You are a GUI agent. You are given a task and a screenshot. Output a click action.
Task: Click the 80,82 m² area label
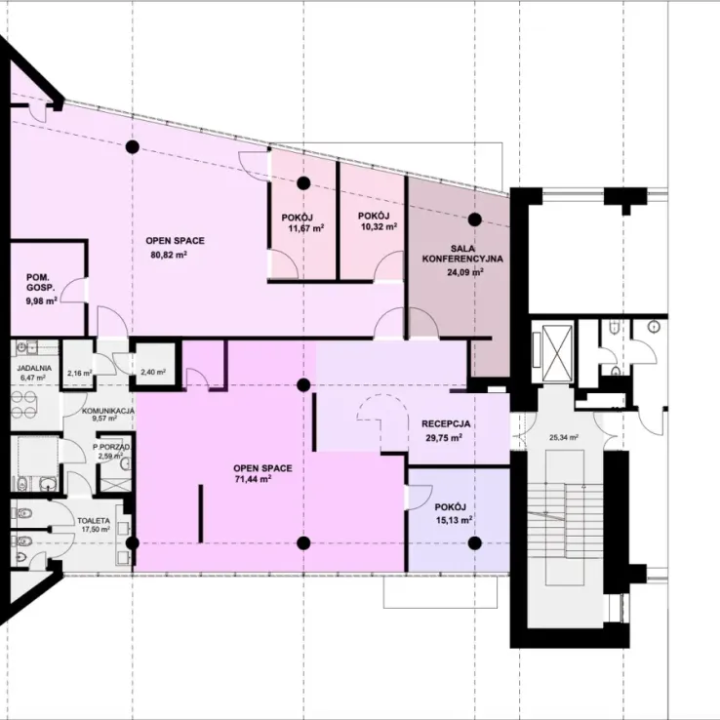pyautogui.click(x=169, y=255)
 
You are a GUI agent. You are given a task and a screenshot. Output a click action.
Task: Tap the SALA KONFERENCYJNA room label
pyautogui.click(x=462, y=254)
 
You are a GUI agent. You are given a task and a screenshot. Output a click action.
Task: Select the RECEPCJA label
pyautogui.click(x=446, y=423)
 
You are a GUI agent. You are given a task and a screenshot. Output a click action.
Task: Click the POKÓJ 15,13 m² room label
pyautogui.click(x=454, y=513)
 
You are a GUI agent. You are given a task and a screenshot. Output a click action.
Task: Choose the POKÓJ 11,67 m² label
pyautogui.click(x=303, y=222)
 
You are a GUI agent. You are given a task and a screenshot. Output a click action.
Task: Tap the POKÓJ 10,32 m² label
pyautogui.click(x=378, y=220)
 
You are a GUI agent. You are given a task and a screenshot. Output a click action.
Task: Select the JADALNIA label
pyautogui.click(x=34, y=368)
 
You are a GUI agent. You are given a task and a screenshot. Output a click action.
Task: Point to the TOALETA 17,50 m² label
pyautogui.click(x=94, y=525)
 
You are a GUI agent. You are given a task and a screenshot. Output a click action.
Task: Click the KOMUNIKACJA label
pyautogui.click(x=108, y=411)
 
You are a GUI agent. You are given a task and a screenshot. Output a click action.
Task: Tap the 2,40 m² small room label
pyautogui.click(x=153, y=372)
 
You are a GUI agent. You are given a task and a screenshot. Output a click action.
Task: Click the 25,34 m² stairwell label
pyautogui.click(x=564, y=438)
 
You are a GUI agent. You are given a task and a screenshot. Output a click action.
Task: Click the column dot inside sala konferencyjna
pyautogui.click(x=475, y=220)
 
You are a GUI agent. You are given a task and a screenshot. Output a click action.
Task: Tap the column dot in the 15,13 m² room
pyautogui.click(x=475, y=543)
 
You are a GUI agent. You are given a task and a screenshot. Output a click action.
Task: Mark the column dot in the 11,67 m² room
pyautogui.click(x=303, y=183)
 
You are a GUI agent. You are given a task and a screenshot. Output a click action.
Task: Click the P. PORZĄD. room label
pyautogui.click(x=110, y=452)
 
